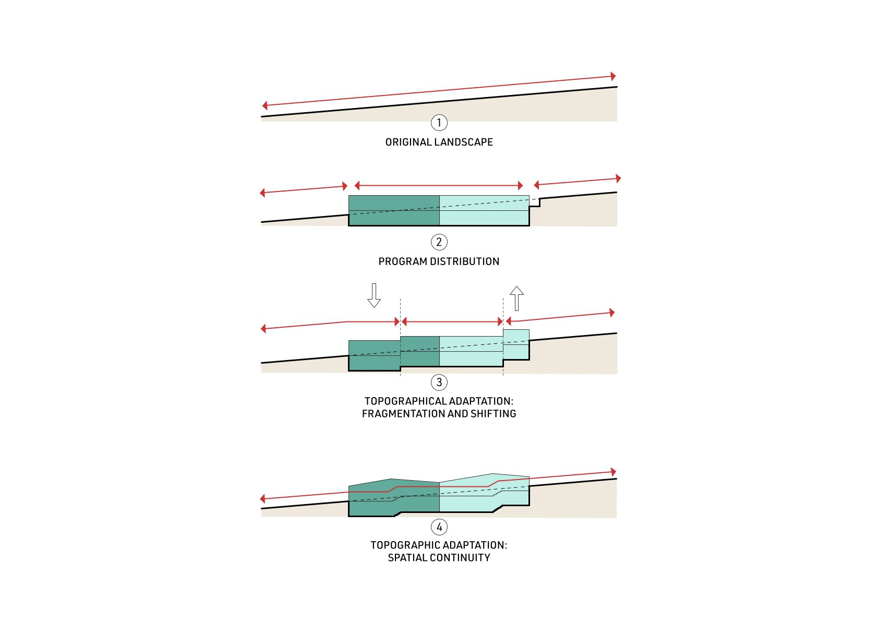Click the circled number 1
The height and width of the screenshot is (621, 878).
pyautogui.click(x=439, y=123)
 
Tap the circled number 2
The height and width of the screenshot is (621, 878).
pyautogui.click(x=439, y=242)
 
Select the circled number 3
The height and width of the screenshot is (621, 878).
pyautogui.click(x=439, y=382)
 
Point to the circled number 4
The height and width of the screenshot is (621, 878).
pyautogui.click(x=439, y=527)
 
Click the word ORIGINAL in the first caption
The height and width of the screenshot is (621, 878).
pyautogui.click(x=408, y=142)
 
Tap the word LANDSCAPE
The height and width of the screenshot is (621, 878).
pyautogui.click(x=464, y=142)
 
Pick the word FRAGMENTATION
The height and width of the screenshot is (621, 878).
pyautogui.click(x=403, y=414)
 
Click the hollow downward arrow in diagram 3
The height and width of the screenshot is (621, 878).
pyautogui.click(x=374, y=295)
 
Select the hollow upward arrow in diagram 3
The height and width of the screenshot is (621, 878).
pyautogui.click(x=516, y=298)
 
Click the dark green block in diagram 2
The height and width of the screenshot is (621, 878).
pyautogui.click(x=394, y=210)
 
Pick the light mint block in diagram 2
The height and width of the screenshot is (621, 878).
pyautogui.click(x=484, y=210)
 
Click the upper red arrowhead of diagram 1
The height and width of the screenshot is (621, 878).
pyautogui.click(x=613, y=76)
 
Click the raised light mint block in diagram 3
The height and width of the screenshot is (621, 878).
pyautogui.click(x=516, y=344)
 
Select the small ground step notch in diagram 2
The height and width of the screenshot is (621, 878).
pyautogui.click(x=535, y=202)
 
